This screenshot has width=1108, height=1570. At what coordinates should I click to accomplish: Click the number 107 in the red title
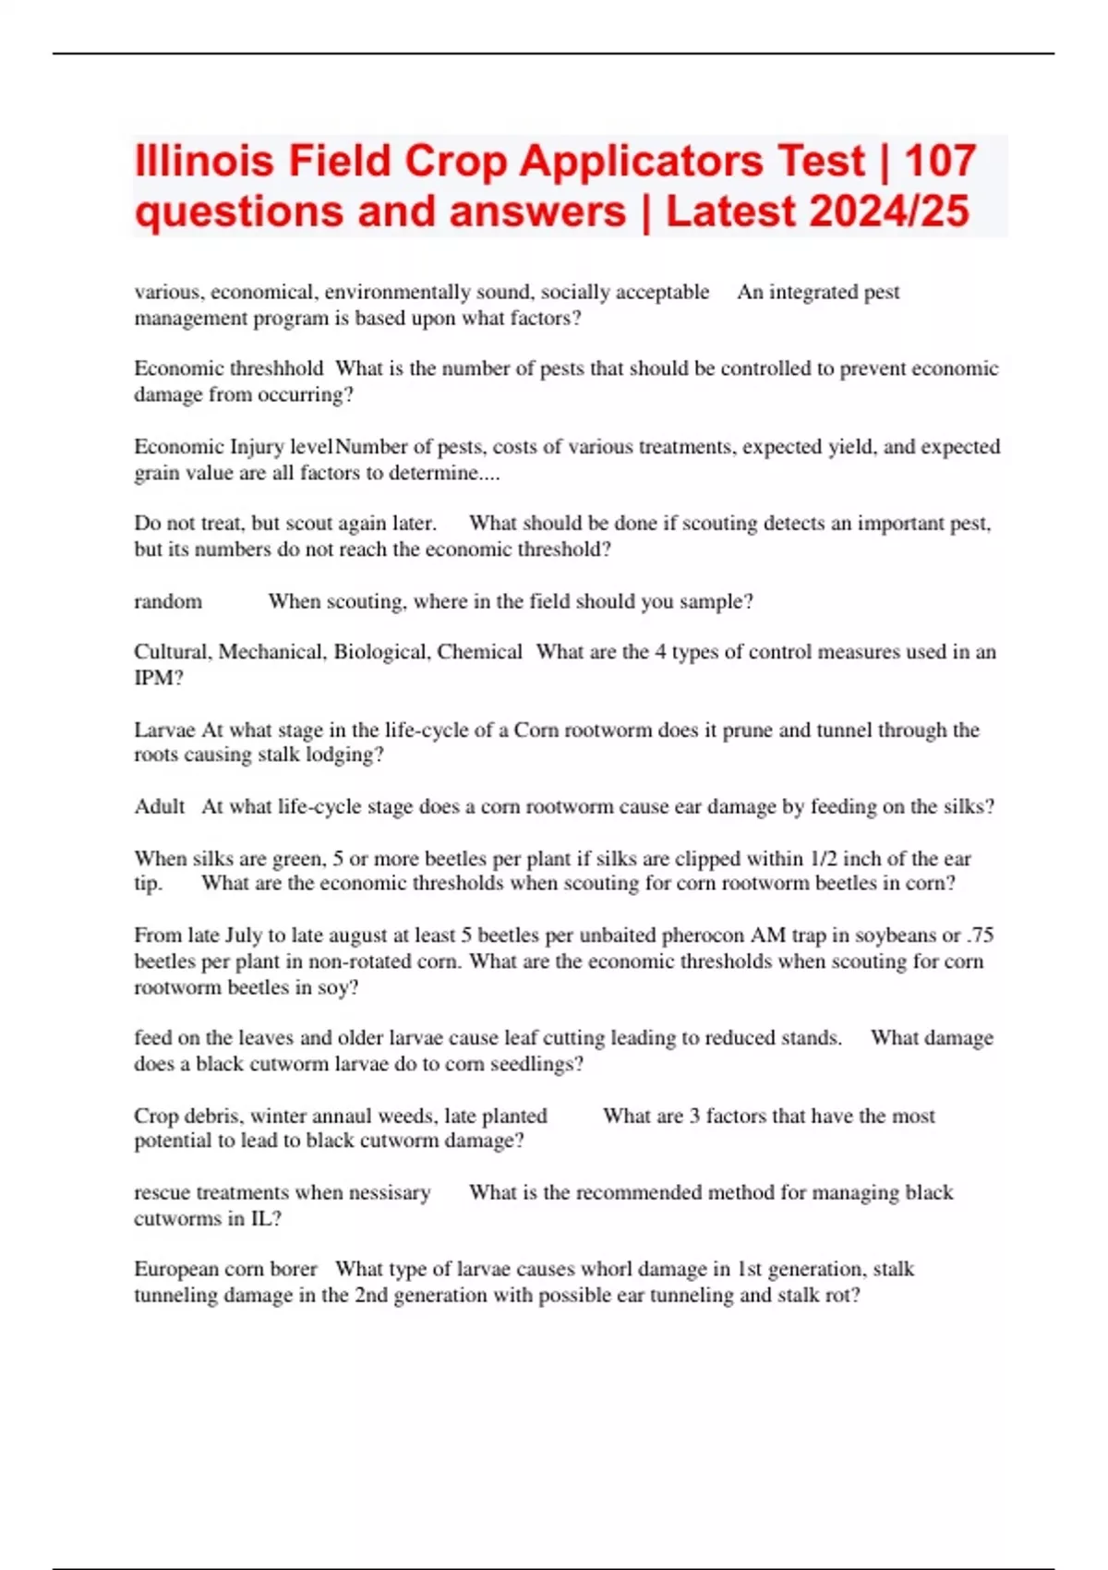940,161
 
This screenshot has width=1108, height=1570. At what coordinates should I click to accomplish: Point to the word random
168,601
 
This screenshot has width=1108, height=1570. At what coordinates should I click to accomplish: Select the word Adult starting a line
160,806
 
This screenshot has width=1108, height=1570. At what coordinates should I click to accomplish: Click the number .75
980,935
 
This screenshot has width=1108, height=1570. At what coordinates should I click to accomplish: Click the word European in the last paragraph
175,1269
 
